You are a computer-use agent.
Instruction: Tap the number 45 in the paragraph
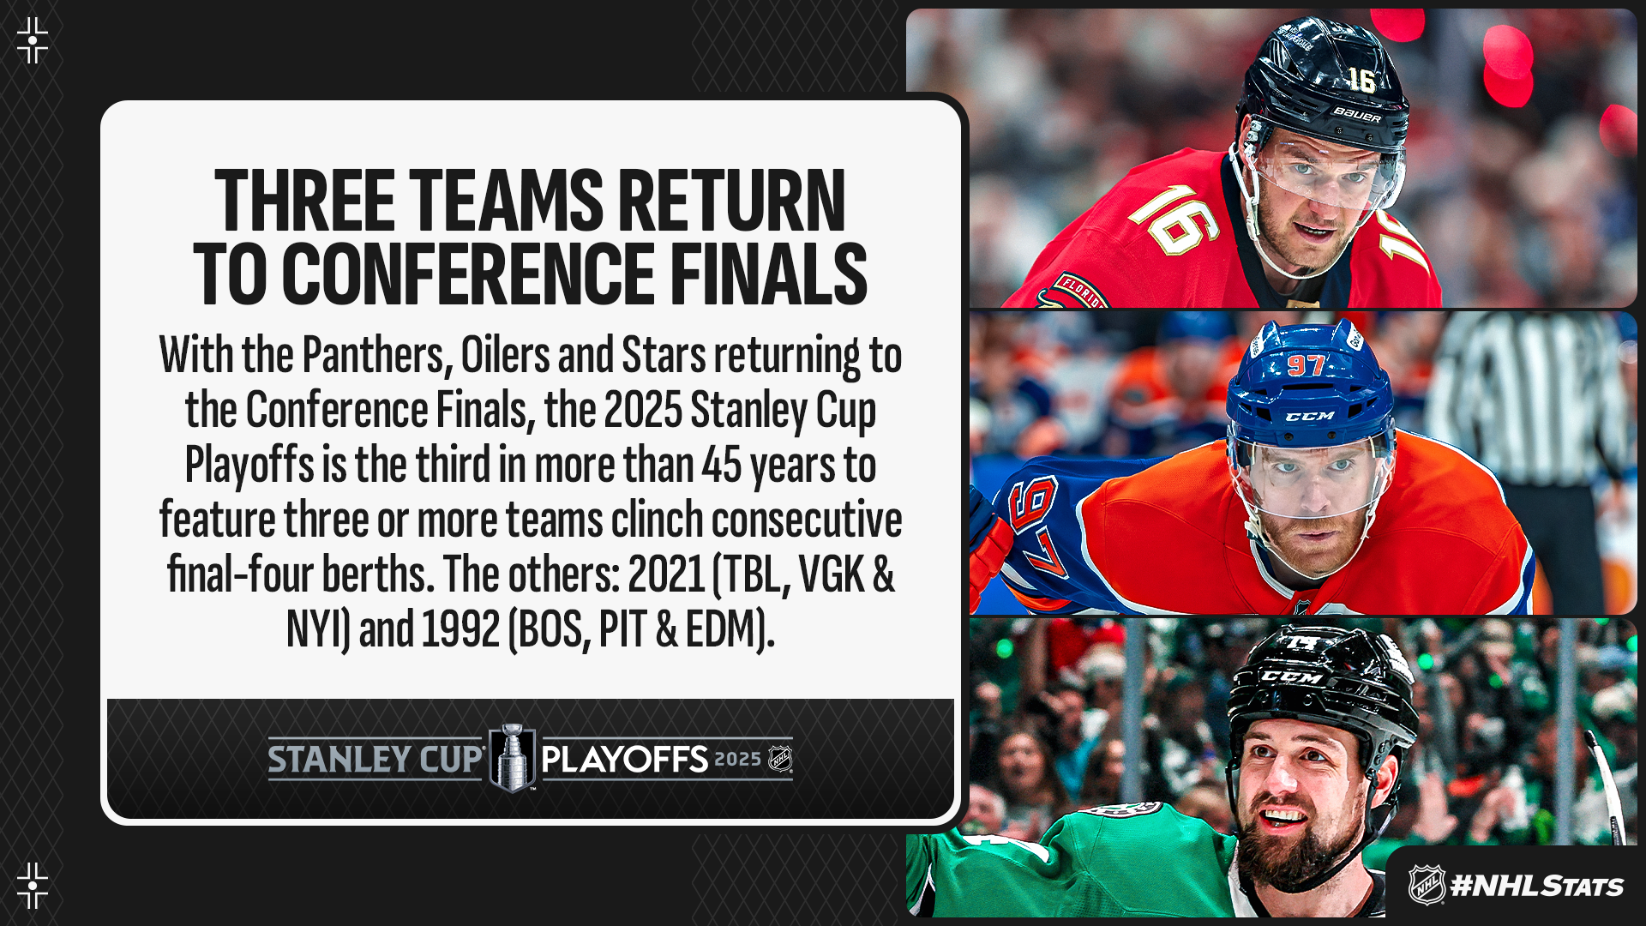coord(721,465)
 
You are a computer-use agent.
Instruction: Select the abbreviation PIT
coord(622,628)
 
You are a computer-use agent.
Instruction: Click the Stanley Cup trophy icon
coord(512,758)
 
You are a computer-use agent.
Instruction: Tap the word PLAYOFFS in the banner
coord(625,760)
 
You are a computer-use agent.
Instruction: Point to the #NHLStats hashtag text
coord(1536,886)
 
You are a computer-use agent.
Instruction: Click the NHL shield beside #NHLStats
coord(1427,885)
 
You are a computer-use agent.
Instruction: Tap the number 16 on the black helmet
coord(1361,80)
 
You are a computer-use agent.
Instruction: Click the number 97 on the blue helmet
coord(1305,365)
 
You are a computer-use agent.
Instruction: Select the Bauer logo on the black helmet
coord(1357,114)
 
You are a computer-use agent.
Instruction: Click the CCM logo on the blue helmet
coord(1310,416)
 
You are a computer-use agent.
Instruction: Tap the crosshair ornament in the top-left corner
coord(33,40)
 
